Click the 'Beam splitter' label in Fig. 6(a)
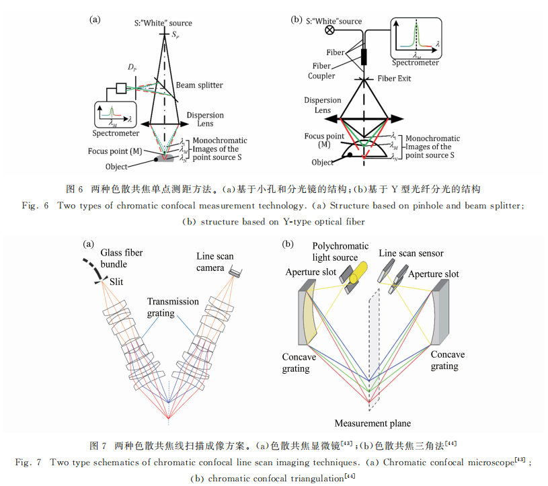tap(199, 85)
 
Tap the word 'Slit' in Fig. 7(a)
tap(116, 282)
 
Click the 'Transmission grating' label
tap(173, 307)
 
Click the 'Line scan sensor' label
tap(411, 253)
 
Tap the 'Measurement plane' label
tap(373, 423)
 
